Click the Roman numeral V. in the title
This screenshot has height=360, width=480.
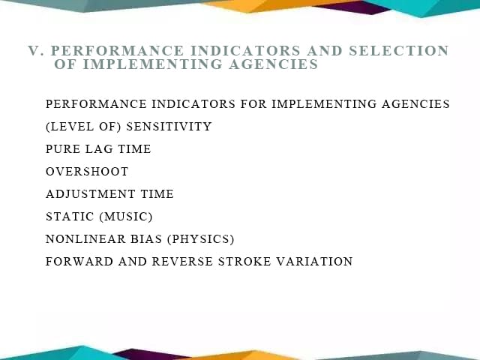(36, 51)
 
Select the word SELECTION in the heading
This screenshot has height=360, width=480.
(399, 51)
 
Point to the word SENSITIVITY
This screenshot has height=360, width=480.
(169, 127)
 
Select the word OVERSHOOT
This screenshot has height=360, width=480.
(87, 172)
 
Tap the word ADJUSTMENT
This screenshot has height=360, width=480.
(90, 194)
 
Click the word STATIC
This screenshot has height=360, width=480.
(70, 217)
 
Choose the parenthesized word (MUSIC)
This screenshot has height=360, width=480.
(126, 217)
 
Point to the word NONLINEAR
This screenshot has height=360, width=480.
(85, 239)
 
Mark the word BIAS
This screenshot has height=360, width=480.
(146, 239)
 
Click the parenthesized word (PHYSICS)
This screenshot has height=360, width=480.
(201, 239)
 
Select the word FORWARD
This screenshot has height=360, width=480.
(79, 262)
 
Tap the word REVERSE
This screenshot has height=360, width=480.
(182, 262)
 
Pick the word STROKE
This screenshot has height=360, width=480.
(244, 262)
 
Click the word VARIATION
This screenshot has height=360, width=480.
(314, 262)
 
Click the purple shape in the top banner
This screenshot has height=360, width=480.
(352, 7)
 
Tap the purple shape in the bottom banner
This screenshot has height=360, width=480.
(150, 355)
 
